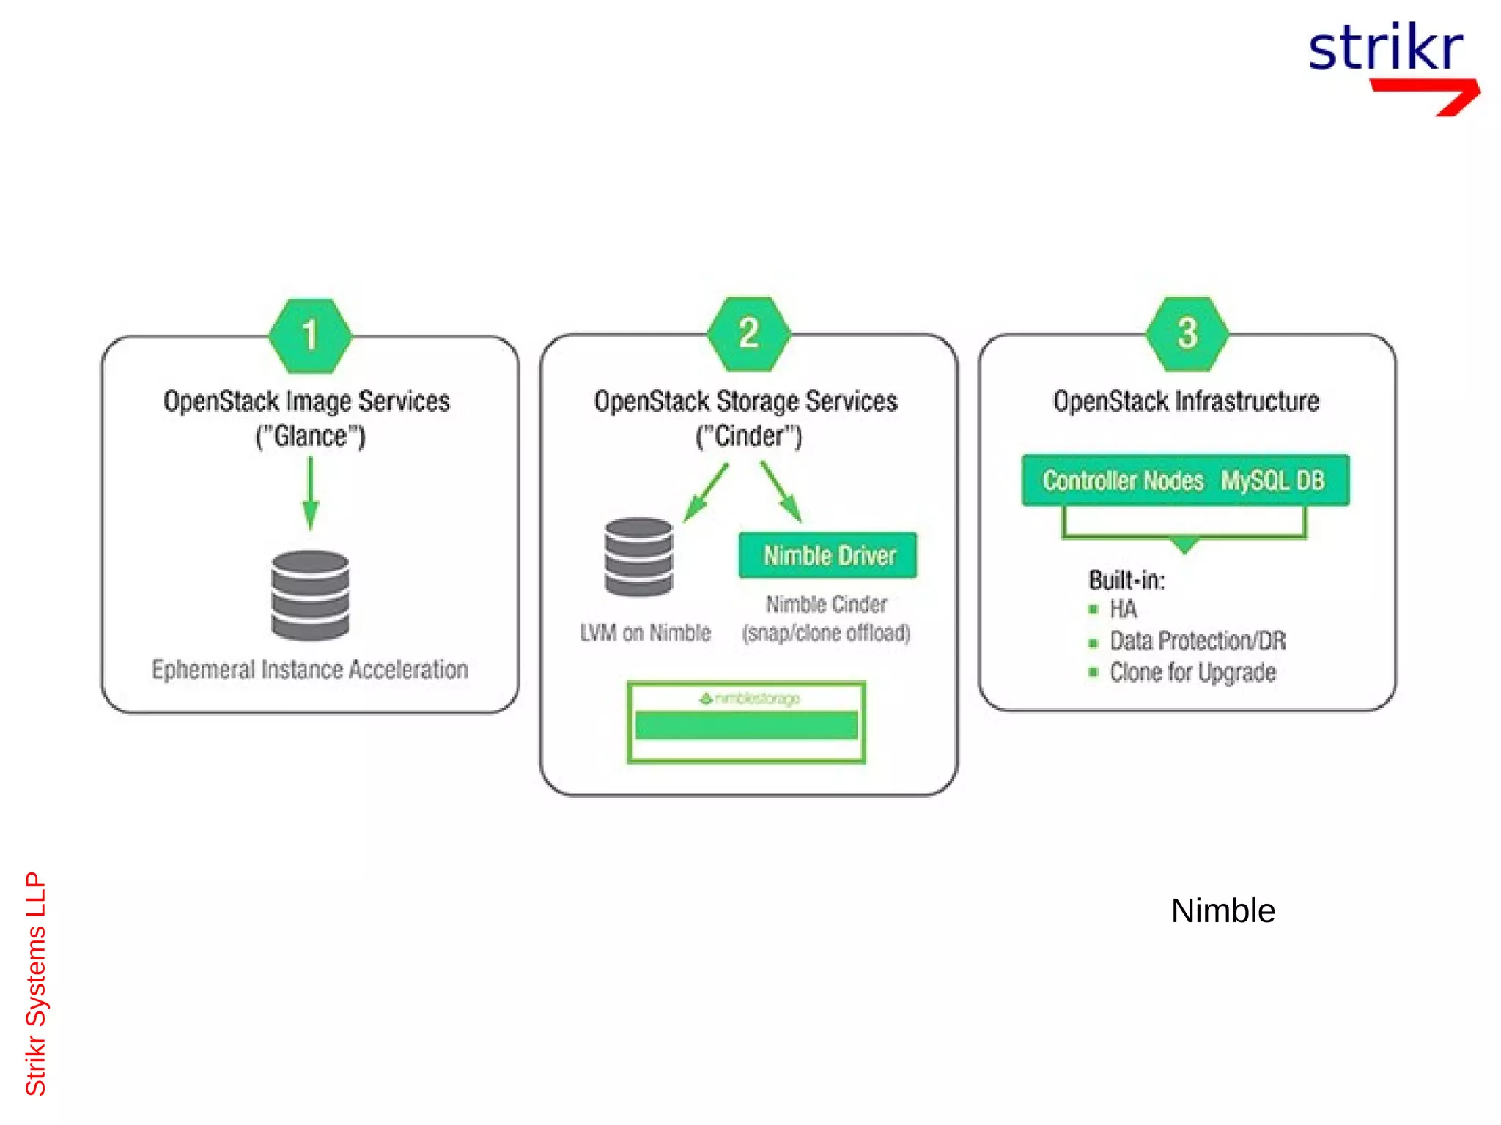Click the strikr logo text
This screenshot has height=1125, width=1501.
1385,48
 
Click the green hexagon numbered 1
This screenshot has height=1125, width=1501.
310,335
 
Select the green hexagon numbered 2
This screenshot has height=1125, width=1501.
748,333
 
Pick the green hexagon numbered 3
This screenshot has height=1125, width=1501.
1187,333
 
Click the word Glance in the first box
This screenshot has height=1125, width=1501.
310,437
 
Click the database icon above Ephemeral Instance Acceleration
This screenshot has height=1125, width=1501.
310,595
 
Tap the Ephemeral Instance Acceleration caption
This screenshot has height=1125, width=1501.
310,669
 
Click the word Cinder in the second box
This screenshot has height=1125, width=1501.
748,437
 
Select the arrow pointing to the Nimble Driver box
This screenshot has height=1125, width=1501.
781,492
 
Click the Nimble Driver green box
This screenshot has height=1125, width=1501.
828,555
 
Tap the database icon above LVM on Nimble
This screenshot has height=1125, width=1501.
638,557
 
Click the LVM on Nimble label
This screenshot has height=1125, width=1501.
645,633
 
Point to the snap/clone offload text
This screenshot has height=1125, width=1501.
826,633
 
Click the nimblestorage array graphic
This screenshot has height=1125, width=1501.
747,723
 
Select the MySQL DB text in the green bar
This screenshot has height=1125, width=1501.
1272,480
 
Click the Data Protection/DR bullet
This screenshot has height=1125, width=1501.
1197,641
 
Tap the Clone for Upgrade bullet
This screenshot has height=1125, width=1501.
1192,672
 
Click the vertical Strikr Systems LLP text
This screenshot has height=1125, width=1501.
35,983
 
